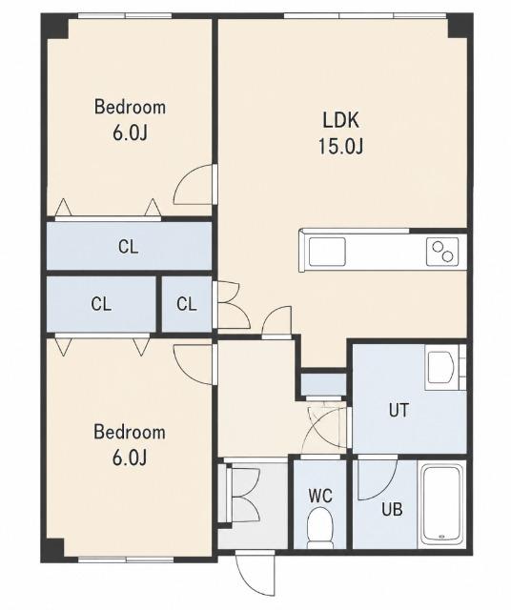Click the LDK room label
[x=340, y=120]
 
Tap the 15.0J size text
[x=341, y=147]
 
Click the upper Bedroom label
[x=130, y=107]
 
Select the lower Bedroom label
[x=130, y=432]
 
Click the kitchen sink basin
[x=327, y=252]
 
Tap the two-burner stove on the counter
[x=442, y=252]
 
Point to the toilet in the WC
[x=319, y=528]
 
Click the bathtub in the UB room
[x=441, y=504]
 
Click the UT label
[x=399, y=411]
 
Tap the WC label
[x=320, y=496]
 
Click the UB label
[x=392, y=509]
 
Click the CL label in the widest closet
[x=128, y=247]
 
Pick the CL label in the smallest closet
[x=187, y=304]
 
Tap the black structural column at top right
[x=460, y=26]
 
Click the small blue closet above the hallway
[x=323, y=384]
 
